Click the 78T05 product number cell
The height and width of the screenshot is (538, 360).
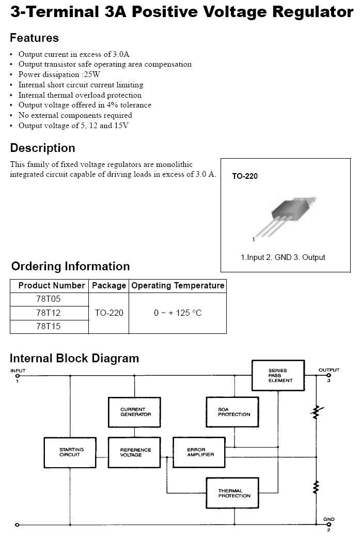(49, 299)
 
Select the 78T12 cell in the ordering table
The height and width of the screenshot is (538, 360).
(49, 313)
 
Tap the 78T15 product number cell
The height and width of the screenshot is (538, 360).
(49, 326)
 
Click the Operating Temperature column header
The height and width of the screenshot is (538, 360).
(178, 285)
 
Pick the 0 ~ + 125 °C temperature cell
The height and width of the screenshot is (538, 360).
(178, 313)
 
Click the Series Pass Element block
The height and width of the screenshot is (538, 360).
(278, 375)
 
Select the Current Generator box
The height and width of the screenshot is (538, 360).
(134, 412)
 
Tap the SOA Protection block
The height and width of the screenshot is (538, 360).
(232, 412)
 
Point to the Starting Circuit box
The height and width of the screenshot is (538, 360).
(70, 452)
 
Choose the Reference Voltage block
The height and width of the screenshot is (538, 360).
(134, 452)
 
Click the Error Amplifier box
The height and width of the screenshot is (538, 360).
(199, 452)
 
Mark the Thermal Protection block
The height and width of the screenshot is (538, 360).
(232, 493)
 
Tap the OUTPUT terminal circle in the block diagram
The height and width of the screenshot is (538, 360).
(329, 375)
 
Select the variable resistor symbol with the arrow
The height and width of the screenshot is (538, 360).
(316, 412)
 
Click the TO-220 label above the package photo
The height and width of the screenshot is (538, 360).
(245, 176)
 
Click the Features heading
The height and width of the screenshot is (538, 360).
(34, 38)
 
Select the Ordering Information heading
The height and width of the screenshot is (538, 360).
(71, 266)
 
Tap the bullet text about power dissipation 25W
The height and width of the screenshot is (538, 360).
(59, 74)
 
